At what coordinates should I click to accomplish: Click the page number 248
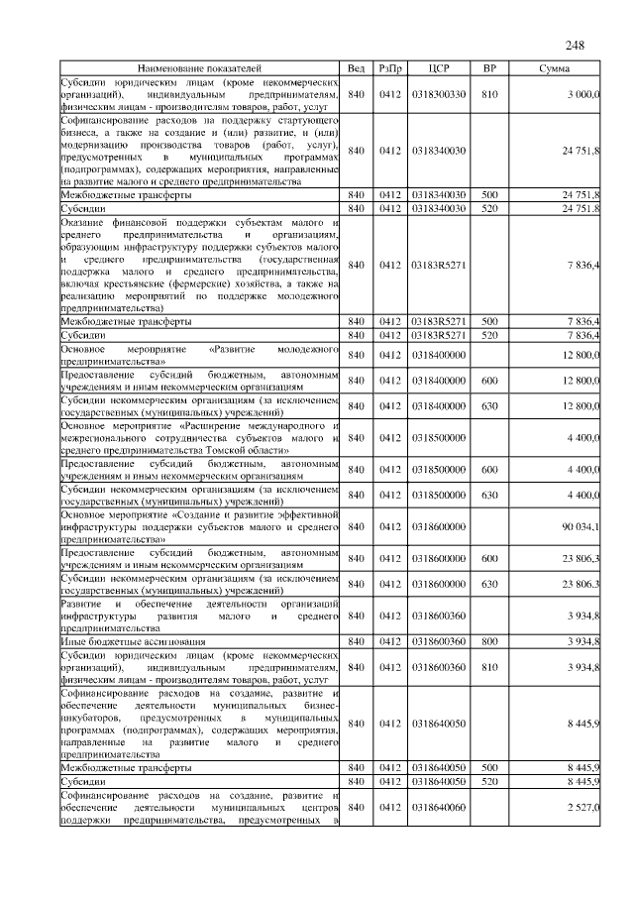(x=576, y=46)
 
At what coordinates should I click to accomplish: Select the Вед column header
(x=357, y=68)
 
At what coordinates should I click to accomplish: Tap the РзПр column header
(x=389, y=68)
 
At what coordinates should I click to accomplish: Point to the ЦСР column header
(x=440, y=68)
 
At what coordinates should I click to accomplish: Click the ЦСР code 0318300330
(x=440, y=95)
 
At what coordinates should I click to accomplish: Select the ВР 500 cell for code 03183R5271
(x=488, y=321)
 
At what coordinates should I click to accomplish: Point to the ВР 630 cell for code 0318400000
(x=488, y=406)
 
